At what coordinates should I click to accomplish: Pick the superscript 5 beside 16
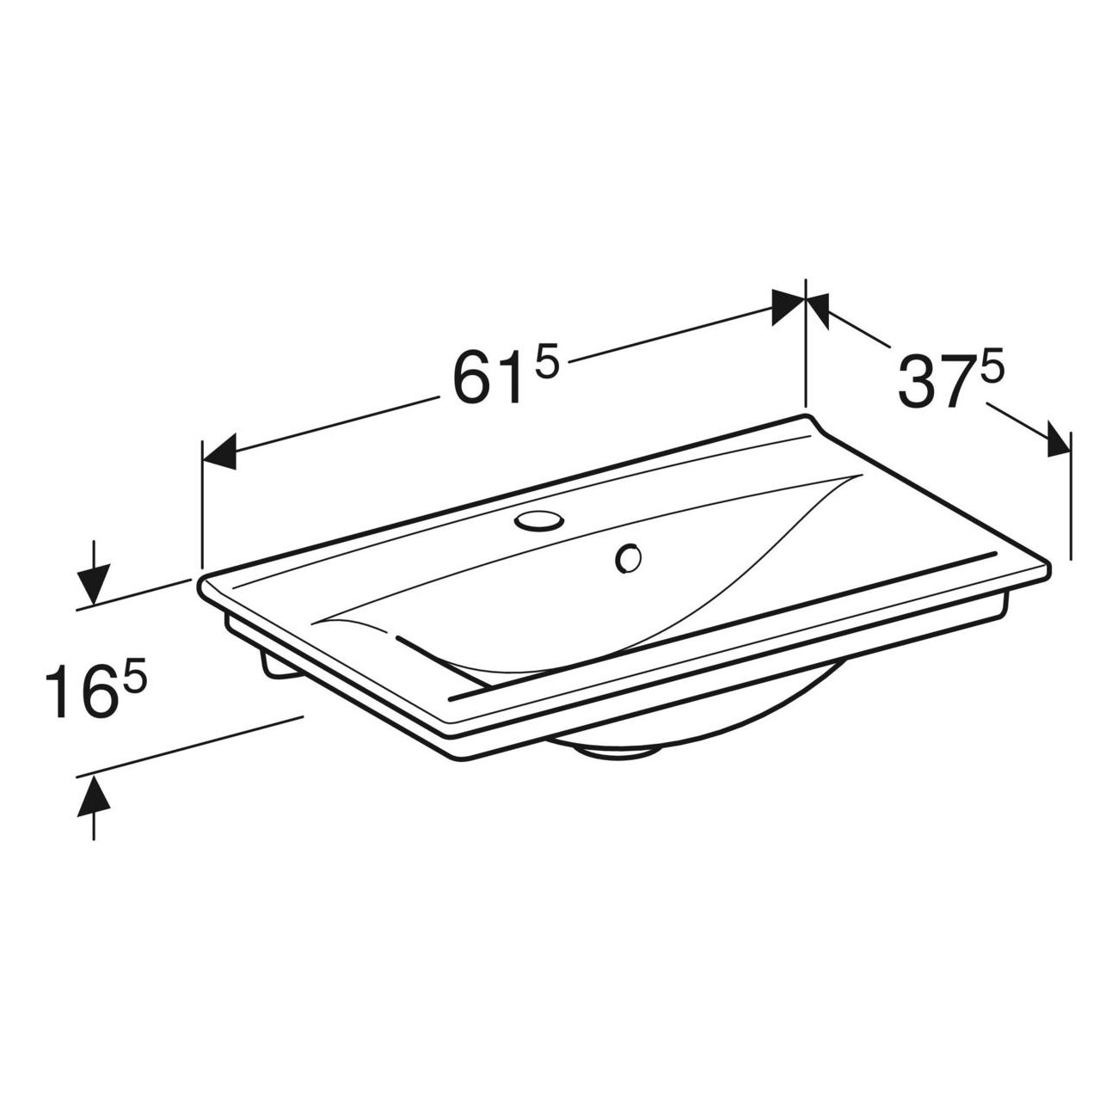tap(134, 679)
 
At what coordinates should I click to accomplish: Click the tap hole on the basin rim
tap(538, 519)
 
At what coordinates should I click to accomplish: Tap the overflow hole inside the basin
tap(629, 559)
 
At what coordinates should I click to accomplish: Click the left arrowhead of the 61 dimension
tap(219, 452)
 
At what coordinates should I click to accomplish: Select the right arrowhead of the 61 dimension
tap(789, 308)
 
